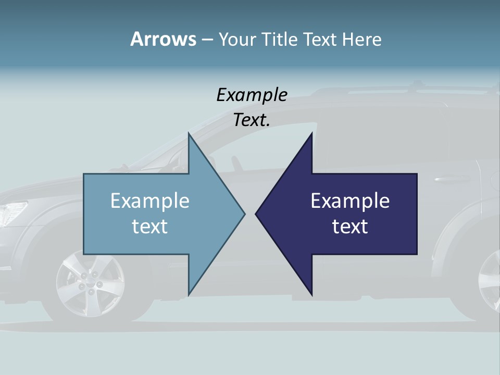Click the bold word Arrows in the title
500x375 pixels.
163,39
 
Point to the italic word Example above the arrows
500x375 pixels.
252,95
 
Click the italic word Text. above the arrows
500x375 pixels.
252,120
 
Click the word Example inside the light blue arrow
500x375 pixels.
150,201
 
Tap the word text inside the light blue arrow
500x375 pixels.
150,227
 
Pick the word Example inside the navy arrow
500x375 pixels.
350,201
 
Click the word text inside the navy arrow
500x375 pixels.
350,227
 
